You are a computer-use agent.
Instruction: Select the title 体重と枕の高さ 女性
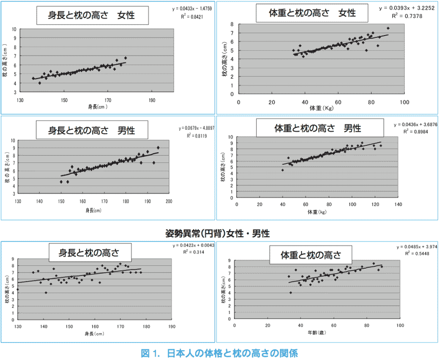pos(311,13)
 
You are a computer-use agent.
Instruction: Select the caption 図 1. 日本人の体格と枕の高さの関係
pos(219,352)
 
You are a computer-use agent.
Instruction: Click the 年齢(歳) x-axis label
pos(317,333)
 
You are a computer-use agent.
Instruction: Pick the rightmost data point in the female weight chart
pos(388,28)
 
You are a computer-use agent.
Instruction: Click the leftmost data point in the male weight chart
pos(282,170)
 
